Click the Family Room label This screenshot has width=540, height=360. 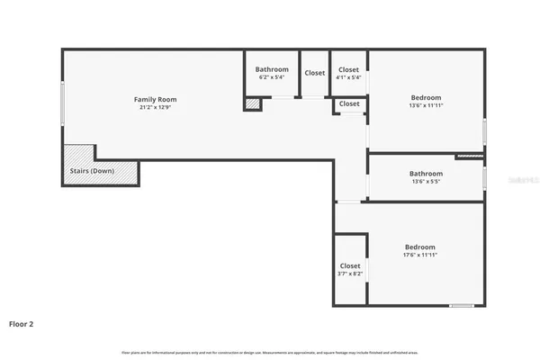[155, 99]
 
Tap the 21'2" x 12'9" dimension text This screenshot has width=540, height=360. [155, 107]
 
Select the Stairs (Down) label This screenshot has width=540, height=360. [92, 171]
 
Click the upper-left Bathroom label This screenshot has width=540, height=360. [272, 69]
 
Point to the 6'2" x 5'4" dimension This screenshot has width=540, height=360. [272, 77]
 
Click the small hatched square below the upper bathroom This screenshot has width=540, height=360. [253, 104]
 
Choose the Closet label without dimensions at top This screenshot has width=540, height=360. [314, 73]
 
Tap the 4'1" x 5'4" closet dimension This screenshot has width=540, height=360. [348, 77]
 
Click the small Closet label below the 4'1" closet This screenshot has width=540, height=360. [349, 104]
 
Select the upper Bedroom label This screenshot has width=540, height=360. [426, 97]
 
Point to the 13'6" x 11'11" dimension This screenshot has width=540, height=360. [426, 105]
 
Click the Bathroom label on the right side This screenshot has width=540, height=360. [426, 174]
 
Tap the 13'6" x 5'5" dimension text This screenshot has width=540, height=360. [426, 182]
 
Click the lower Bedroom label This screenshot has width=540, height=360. [419, 247]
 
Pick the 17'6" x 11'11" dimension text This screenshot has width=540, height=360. [419, 256]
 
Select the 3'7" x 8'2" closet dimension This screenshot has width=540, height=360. [350, 274]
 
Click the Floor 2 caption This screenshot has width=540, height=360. [22, 322]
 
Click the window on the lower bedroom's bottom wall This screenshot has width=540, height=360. [462, 306]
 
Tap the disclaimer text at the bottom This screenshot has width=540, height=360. [270, 351]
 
